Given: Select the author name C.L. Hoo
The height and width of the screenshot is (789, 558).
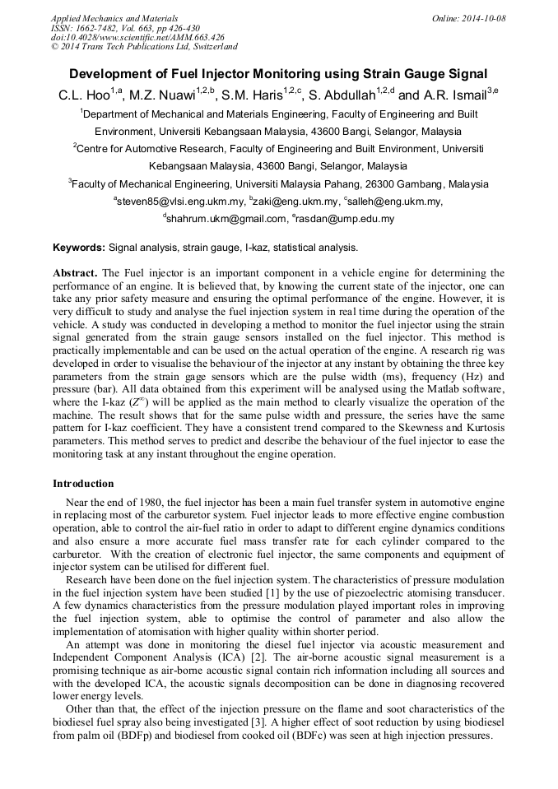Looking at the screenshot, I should click(82, 96).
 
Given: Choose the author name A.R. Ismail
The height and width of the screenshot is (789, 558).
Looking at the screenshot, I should click(453, 96).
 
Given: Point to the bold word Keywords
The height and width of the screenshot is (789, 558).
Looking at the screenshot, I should click(78, 247).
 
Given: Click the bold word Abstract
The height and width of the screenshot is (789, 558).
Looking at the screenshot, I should click(76, 272).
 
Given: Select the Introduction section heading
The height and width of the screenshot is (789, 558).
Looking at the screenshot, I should click(83, 484).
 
